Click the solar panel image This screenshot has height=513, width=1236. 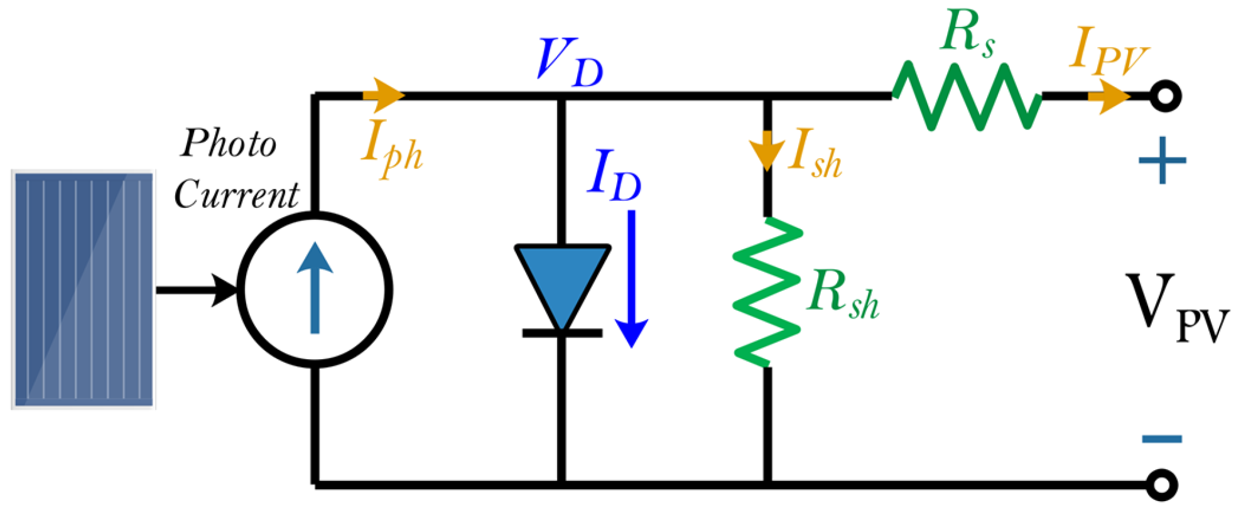pyautogui.click(x=83, y=289)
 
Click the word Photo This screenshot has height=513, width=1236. pyautogui.click(x=229, y=143)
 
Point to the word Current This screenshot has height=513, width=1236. pyautogui.click(x=236, y=194)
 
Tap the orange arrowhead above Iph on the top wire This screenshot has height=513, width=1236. pyautogui.click(x=384, y=95)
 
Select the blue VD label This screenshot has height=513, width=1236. pyautogui.click(x=569, y=63)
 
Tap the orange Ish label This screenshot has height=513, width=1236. pyautogui.click(x=815, y=154)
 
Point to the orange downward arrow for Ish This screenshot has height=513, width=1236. pyautogui.click(x=767, y=151)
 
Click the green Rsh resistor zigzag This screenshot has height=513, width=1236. pyautogui.click(x=767, y=292)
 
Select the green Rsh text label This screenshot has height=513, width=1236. pyautogui.click(x=842, y=294)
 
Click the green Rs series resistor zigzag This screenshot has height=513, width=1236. pyautogui.click(x=967, y=96)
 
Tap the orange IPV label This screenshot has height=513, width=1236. pyautogui.click(x=1108, y=50)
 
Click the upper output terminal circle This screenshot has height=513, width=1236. pyautogui.click(x=1165, y=96)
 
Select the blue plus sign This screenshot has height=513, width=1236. pyautogui.click(x=1162, y=160)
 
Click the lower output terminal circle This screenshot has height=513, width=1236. pyautogui.click(x=1161, y=485)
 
